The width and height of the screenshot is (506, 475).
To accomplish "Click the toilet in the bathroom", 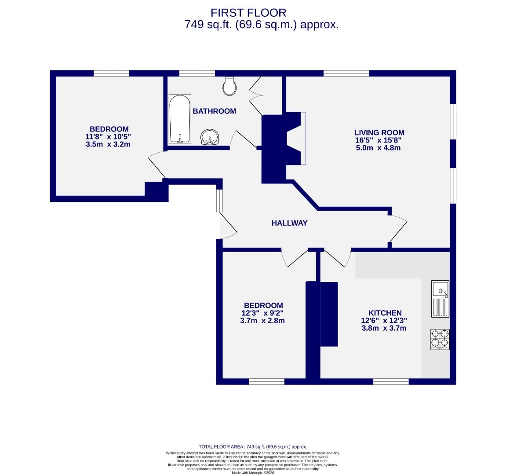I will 229,85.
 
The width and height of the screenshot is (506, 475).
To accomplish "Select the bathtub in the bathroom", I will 180,119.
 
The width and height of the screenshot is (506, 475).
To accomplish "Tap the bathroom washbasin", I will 210,137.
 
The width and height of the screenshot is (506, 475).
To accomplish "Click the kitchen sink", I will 440,299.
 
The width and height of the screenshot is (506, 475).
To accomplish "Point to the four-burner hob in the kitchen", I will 440,339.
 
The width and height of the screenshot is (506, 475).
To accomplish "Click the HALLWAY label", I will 289,223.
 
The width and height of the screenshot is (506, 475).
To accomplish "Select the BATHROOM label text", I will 215,111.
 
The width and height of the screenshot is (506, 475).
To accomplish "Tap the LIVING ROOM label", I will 379,132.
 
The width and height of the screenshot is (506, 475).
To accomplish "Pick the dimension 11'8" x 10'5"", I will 108,137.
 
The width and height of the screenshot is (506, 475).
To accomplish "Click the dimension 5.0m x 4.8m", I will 378,148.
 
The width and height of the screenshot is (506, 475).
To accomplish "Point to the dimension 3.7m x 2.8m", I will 262,321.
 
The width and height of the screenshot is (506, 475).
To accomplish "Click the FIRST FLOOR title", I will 248,13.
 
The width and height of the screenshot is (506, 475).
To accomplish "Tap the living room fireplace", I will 295,139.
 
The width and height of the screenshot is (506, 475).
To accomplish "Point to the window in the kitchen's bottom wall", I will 391,381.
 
